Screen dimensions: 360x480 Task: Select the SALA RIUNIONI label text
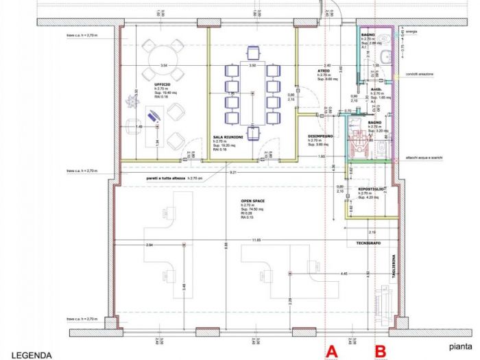227,137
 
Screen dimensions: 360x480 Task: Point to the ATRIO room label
323,70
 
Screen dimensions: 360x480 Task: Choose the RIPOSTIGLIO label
371,189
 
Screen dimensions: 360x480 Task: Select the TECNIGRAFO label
368,243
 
